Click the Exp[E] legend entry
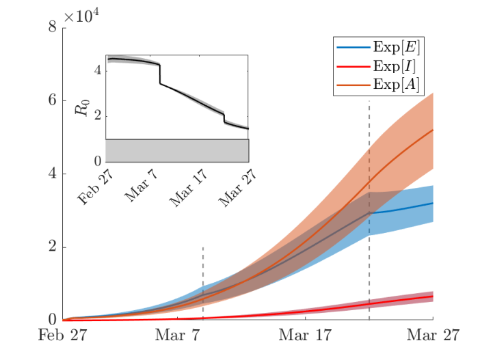click(x=378, y=47)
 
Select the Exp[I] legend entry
click(x=376, y=66)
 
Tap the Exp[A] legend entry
click(x=377, y=84)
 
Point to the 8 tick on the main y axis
click(x=53, y=27)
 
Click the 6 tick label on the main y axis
click(x=53, y=100)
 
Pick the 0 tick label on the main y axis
click(x=53, y=320)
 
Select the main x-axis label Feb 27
click(x=62, y=335)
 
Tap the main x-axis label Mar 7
click(x=177, y=335)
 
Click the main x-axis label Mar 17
click(x=305, y=335)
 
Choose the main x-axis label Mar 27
click(x=433, y=335)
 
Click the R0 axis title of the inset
click(x=82, y=107)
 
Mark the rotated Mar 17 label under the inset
click(x=188, y=187)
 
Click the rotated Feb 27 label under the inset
click(x=95, y=186)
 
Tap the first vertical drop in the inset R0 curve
click(x=160, y=74)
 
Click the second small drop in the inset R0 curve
click(x=224, y=118)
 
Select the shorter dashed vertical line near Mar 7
click(x=203, y=283)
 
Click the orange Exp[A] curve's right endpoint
click(x=433, y=130)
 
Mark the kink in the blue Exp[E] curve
click(x=369, y=212)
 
